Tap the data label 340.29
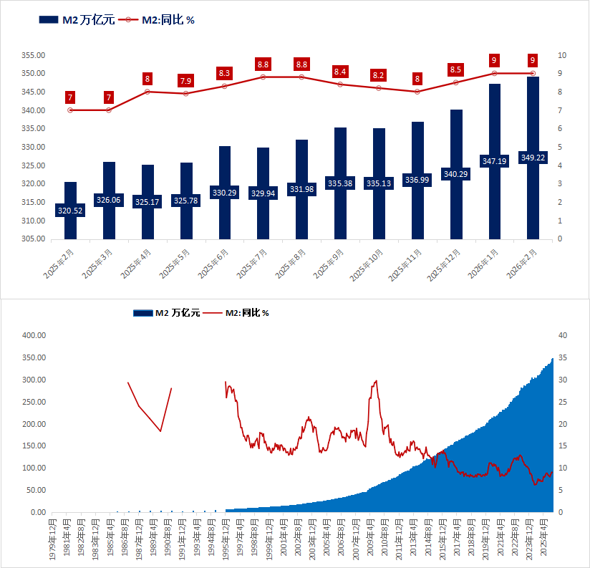(455, 174)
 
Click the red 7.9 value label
(185, 80)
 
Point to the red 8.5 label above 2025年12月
(455, 69)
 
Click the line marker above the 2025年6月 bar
(224, 86)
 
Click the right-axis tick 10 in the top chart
(562, 55)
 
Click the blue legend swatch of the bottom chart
(142, 312)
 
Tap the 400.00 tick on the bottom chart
(34, 335)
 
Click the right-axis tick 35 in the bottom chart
(562, 357)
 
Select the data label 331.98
(301, 189)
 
